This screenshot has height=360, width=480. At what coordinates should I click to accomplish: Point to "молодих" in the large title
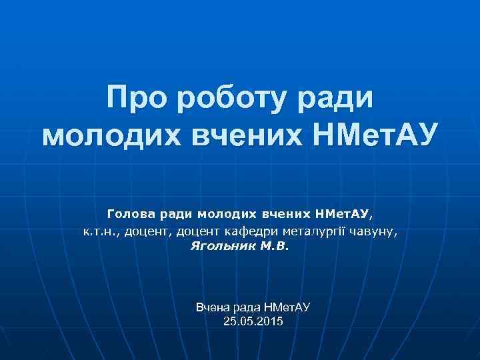110,136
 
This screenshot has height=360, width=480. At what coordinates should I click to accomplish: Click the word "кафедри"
257,231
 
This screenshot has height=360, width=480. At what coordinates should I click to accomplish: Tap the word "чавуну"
377,231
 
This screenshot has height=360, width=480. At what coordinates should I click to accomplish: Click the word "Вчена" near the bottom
211,307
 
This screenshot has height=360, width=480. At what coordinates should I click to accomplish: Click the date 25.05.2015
254,322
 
